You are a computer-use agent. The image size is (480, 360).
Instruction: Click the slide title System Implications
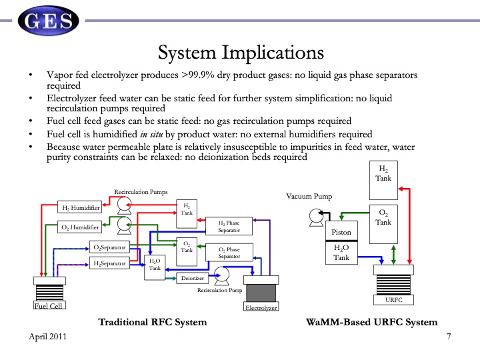[x=240, y=52]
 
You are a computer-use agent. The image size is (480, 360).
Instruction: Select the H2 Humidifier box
[x=79, y=208]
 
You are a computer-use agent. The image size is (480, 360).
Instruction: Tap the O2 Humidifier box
[x=79, y=227]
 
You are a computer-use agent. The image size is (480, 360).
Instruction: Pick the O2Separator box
[x=110, y=247]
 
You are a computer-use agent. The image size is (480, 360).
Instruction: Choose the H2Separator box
[x=110, y=263]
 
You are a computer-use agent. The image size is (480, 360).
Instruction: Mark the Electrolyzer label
[x=261, y=307]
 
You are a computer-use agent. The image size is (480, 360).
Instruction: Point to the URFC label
[x=394, y=300]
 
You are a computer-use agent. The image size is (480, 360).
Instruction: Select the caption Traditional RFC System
[x=153, y=322]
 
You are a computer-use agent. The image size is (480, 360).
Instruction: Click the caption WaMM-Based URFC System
[x=372, y=322]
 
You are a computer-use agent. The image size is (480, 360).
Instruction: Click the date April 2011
[x=47, y=338]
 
